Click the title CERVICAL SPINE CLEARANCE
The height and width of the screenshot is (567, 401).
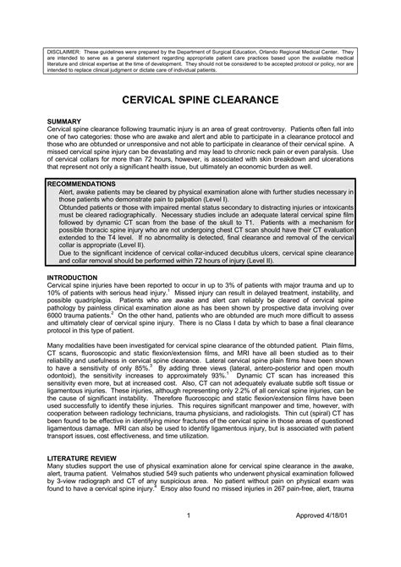(x=200, y=100)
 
